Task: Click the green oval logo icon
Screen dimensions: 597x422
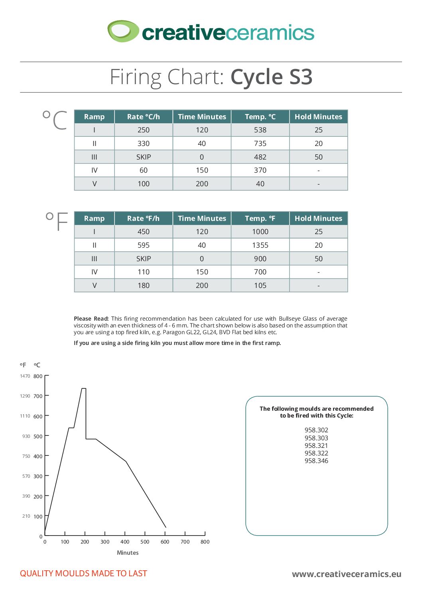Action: click(123, 31)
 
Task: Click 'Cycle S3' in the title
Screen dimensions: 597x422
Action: click(271, 77)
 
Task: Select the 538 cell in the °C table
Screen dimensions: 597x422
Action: click(260, 130)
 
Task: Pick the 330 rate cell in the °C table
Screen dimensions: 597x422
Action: click(144, 144)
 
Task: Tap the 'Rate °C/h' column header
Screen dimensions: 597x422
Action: click(144, 117)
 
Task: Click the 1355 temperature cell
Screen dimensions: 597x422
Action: click(260, 245)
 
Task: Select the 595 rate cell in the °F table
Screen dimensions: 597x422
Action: click(144, 245)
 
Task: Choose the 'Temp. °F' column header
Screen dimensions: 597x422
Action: click(260, 219)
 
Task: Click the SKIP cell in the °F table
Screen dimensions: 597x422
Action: click(144, 259)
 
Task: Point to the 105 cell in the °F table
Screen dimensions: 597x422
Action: click(260, 286)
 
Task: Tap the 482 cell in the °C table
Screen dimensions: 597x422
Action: click(260, 157)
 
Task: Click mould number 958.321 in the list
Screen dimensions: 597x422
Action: click(316, 445)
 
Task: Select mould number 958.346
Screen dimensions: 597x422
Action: click(316, 461)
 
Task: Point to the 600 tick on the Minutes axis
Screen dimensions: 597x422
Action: click(165, 542)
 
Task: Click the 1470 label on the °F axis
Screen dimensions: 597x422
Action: click(25, 376)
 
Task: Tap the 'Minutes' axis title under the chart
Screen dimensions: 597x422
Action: click(128, 553)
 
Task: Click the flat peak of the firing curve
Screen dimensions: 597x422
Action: click(84, 388)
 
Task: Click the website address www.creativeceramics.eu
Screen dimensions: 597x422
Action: click(346, 574)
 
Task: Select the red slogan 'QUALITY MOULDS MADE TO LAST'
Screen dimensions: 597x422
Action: click(83, 573)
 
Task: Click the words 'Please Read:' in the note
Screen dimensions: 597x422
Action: click(91, 319)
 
